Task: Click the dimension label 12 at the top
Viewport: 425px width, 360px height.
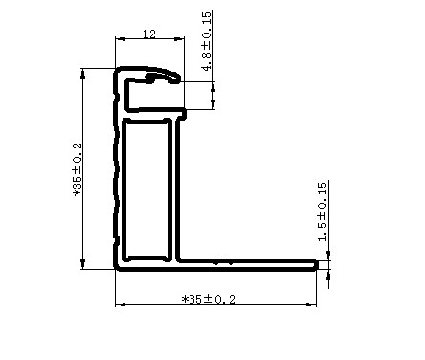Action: pyautogui.click(x=149, y=34)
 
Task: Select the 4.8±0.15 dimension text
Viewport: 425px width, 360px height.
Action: pyautogui.click(x=206, y=41)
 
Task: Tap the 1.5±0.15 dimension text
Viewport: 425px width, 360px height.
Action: pyautogui.click(x=323, y=212)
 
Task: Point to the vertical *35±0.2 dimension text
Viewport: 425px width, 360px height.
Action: pyautogui.click(x=78, y=169)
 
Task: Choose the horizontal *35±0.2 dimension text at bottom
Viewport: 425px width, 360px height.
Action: pyautogui.click(x=209, y=299)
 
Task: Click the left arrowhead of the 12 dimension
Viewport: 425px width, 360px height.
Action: pyautogui.click(x=120, y=39)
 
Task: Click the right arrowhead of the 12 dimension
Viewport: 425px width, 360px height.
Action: pyautogui.click(x=179, y=39)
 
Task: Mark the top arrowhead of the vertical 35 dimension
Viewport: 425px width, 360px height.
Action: pyautogui.click(x=83, y=74)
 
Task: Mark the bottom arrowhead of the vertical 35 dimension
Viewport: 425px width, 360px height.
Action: pyautogui.click(x=83, y=264)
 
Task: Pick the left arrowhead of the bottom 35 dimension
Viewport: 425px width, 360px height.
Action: pyautogui.click(x=121, y=304)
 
